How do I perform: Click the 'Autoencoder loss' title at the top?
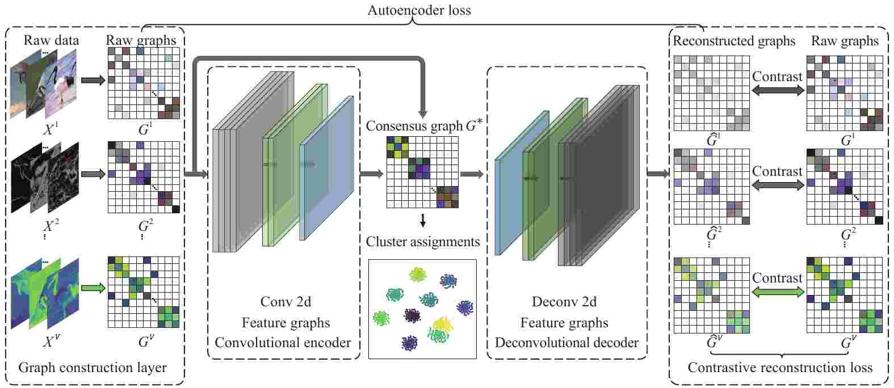click(x=419, y=10)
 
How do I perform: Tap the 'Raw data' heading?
click(x=51, y=40)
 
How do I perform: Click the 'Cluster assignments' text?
click(x=423, y=242)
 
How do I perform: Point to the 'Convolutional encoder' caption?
click(x=283, y=343)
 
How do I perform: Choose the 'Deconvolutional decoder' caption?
click(x=566, y=343)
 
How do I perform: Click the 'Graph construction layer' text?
click(x=93, y=368)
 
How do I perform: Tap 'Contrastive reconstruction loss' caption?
click(x=780, y=368)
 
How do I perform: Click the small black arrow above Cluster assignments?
click(x=422, y=220)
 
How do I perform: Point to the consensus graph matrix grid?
click(x=422, y=172)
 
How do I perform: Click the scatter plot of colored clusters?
click(x=422, y=309)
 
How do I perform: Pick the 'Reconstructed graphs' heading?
click(x=733, y=41)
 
